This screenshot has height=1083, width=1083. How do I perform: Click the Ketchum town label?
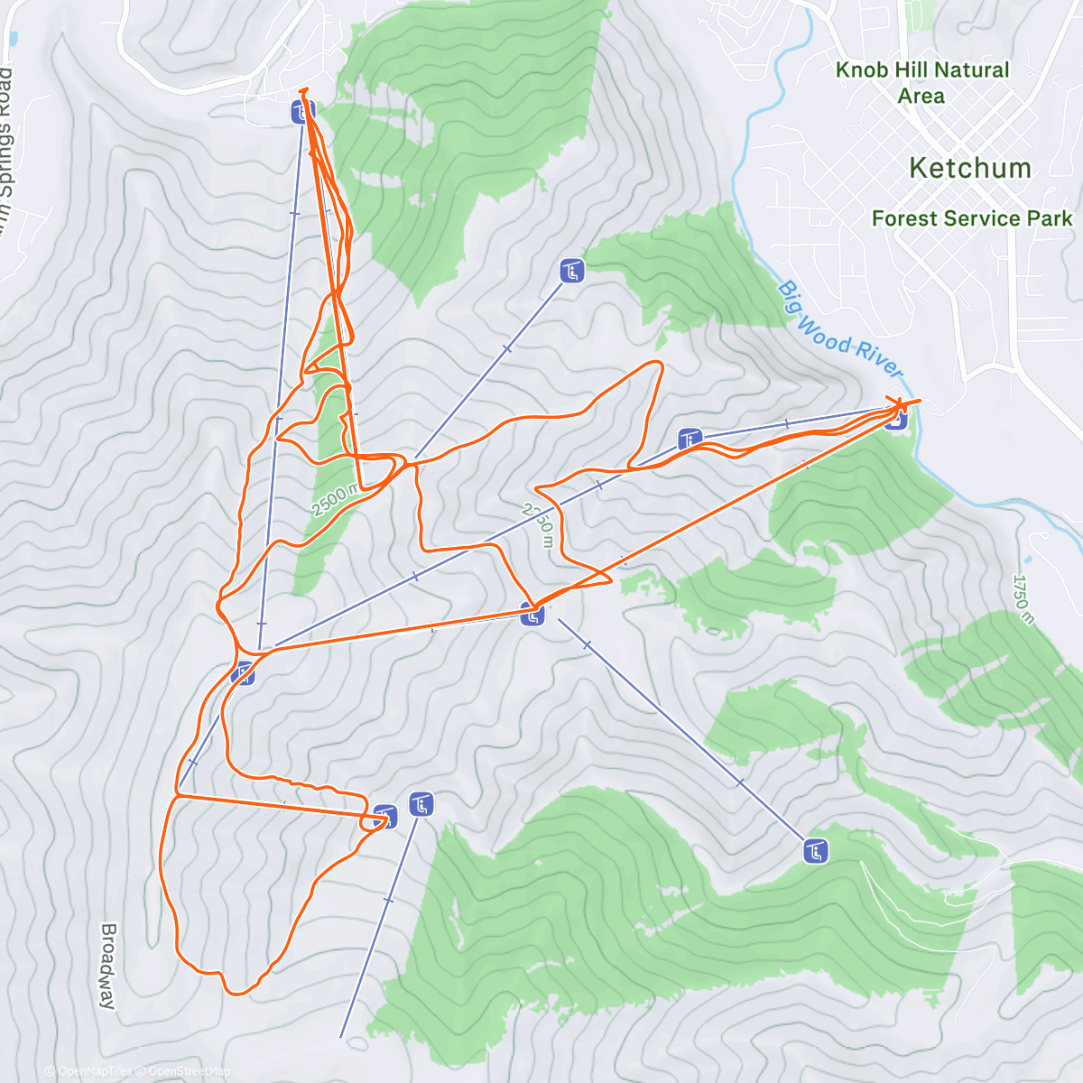click(x=969, y=168)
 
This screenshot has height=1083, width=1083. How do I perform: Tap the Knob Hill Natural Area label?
click(x=921, y=82)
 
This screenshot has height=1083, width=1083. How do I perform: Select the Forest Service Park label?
click(x=972, y=218)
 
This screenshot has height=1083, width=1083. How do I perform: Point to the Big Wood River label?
click(x=840, y=330)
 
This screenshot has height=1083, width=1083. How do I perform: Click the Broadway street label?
click(x=108, y=965)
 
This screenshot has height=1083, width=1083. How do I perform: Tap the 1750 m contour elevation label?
click(x=1023, y=598)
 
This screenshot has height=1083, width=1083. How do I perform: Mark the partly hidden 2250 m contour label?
click(x=536, y=525)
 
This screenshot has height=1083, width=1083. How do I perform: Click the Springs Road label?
click(x=6, y=135)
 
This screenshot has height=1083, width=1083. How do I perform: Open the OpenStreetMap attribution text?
click(x=189, y=1071)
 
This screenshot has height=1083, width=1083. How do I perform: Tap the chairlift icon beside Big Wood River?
click(x=895, y=419)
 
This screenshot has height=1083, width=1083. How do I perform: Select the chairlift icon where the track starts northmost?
click(x=302, y=113)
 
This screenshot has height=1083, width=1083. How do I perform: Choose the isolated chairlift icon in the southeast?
click(x=816, y=850)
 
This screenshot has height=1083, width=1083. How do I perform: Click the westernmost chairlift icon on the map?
click(x=243, y=672)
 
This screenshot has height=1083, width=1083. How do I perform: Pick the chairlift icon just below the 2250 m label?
click(x=532, y=616)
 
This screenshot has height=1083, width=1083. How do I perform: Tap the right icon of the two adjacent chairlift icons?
click(x=421, y=803)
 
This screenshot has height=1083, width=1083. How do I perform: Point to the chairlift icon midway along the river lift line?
click(x=690, y=440)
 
